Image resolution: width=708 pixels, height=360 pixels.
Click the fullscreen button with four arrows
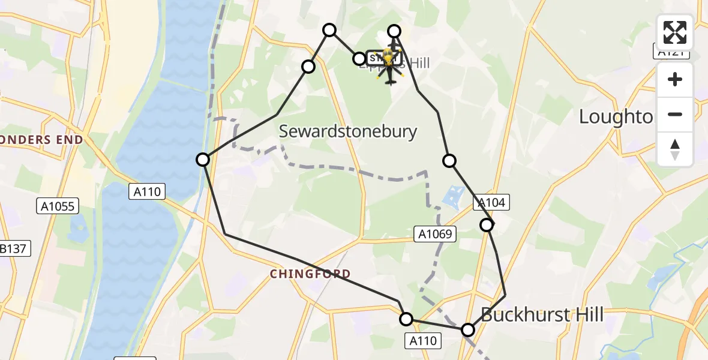(x=675, y=32)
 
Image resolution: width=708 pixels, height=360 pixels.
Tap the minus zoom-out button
(x=675, y=114)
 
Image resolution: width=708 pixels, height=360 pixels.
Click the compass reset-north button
(x=675, y=149)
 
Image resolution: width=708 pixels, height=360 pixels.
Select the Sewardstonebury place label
(x=349, y=131)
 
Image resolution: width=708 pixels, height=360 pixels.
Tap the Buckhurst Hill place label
(x=542, y=314)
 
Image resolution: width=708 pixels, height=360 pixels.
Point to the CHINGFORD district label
(x=310, y=274)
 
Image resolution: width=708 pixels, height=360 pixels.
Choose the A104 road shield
(x=491, y=203)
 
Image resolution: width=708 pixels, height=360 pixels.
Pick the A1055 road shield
(x=57, y=206)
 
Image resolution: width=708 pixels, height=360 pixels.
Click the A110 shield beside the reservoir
(x=146, y=191)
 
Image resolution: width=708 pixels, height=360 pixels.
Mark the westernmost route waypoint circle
(x=203, y=160)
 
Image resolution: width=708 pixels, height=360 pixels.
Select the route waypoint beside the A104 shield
(x=487, y=225)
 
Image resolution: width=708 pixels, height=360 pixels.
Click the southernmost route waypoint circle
(x=468, y=330)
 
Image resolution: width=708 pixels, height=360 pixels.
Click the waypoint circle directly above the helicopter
(x=394, y=31)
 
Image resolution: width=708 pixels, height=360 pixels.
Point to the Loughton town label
(x=615, y=117)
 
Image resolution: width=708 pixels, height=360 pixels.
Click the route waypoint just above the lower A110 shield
(x=407, y=319)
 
